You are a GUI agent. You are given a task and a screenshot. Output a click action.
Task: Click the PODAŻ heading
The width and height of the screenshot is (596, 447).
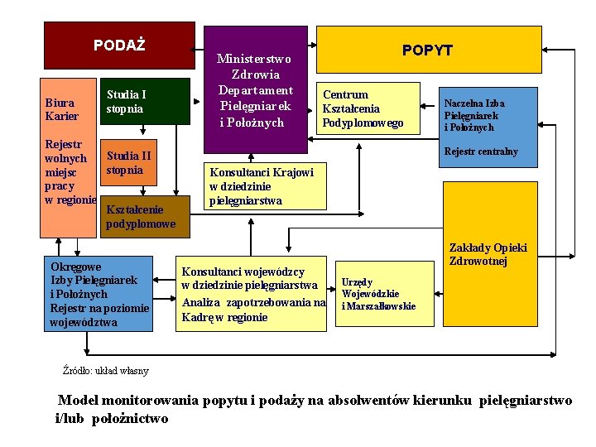(118, 45)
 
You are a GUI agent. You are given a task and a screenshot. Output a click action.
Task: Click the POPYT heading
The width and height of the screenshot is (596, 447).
(427, 50)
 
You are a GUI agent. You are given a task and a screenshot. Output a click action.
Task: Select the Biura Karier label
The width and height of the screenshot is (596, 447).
(62, 109)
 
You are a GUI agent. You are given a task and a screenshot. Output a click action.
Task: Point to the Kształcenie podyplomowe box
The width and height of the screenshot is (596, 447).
(141, 217)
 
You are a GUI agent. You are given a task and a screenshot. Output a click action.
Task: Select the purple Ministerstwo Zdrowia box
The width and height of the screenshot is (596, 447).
(256, 91)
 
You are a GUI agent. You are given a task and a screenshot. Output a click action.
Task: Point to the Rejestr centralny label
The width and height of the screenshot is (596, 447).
(481, 151)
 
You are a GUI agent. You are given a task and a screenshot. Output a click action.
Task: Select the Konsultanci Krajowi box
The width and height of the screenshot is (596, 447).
(261, 186)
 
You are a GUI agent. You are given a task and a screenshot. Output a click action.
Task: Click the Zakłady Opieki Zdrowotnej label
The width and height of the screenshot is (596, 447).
(488, 254)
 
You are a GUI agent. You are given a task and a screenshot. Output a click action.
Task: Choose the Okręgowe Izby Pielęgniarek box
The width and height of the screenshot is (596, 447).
(99, 294)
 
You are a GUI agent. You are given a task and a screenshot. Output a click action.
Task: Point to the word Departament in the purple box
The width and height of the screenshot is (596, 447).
(256, 90)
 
